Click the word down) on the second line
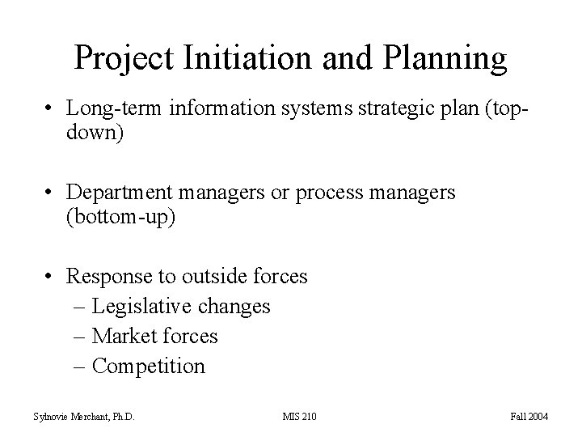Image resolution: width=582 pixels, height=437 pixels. point(95,133)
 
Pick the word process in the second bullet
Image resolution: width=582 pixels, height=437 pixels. point(333,193)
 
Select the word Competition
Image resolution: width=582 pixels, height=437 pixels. point(149,366)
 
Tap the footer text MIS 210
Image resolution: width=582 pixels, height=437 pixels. point(299,417)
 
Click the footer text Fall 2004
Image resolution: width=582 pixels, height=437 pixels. point(529,417)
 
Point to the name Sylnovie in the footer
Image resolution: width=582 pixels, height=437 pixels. point(48,417)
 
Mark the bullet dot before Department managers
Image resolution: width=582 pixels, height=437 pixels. point(50,193)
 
